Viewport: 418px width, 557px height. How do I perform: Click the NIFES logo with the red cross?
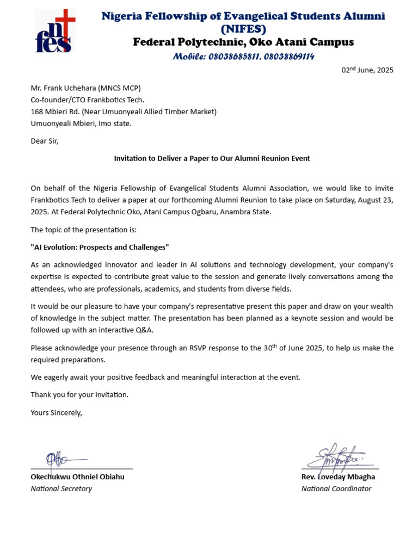55,32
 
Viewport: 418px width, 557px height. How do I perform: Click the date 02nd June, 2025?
367,70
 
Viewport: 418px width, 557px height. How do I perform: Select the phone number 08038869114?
289,57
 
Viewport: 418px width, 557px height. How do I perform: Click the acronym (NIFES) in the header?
243,29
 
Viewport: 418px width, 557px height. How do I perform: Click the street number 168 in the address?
36,112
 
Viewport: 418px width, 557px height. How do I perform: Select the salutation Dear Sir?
44,141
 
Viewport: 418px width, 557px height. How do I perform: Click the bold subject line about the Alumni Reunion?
212,158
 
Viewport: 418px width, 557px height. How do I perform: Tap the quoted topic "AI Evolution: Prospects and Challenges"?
100,247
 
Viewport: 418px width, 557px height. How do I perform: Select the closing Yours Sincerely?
56,412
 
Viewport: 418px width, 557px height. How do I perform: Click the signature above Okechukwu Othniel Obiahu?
60,460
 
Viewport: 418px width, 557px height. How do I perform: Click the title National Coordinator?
336,488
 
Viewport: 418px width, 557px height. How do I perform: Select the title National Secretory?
61,488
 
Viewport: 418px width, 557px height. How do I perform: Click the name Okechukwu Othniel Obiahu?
77,477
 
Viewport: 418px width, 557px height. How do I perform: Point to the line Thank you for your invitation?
79,394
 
